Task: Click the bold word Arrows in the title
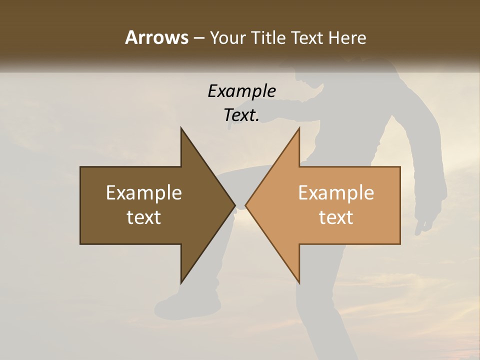(156, 38)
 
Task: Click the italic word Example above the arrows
(241, 91)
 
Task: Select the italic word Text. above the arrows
(241, 115)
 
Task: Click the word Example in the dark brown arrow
(144, 193)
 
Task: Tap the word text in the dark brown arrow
(144, 217)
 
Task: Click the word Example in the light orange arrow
(336, 193)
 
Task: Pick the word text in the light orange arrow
(336, 217)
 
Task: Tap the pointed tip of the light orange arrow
(246, 205)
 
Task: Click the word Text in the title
(308, 38)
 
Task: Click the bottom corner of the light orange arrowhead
(299, 282)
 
